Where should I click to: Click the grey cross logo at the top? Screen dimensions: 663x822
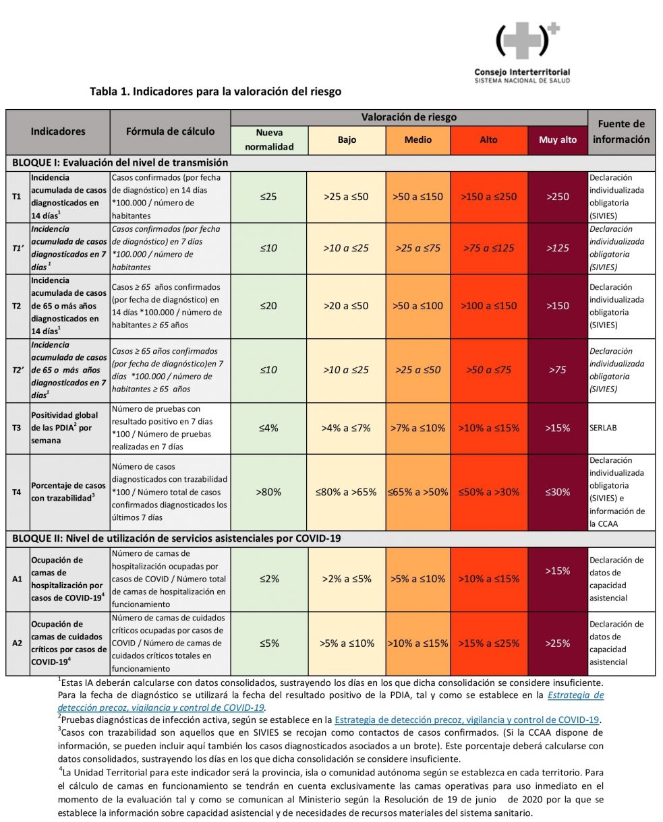pos(527,40)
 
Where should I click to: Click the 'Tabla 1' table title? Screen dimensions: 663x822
pos(215,92)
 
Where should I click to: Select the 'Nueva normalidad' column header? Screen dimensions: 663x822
pos(269,139)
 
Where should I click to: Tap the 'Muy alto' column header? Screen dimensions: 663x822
pos(558,139)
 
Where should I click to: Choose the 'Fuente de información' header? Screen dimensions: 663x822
pos(621,132)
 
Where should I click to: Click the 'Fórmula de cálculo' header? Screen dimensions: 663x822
pos(170,132)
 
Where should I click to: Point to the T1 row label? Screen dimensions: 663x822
pos(16,197)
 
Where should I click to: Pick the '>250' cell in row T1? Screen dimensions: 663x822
pos(558,197)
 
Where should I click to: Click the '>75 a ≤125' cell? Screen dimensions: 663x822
pos(488,248)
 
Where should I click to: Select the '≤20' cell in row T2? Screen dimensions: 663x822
pos(268,306)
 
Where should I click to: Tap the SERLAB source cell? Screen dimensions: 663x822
pos(603,428)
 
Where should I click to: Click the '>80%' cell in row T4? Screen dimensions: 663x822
pos(268,492)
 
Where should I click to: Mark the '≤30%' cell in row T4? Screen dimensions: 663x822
pos(558,492)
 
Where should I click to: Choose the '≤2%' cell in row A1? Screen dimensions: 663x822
pos(269,579)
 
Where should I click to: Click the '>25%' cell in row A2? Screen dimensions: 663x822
pos(558,643)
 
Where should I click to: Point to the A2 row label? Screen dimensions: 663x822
pos(17,643)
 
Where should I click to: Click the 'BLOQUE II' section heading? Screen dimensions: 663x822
pos(176,538)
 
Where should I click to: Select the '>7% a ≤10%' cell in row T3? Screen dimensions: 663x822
pos(418,428)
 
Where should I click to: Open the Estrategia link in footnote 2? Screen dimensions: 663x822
pos(467,720)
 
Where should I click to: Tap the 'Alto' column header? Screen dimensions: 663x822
pos(488,139)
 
